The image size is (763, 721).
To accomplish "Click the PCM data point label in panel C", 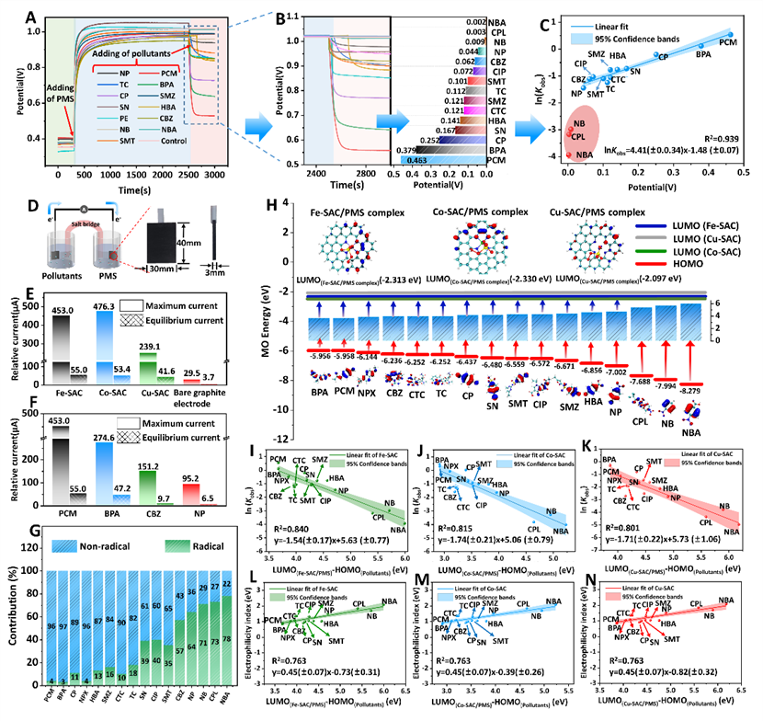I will [727, 42].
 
